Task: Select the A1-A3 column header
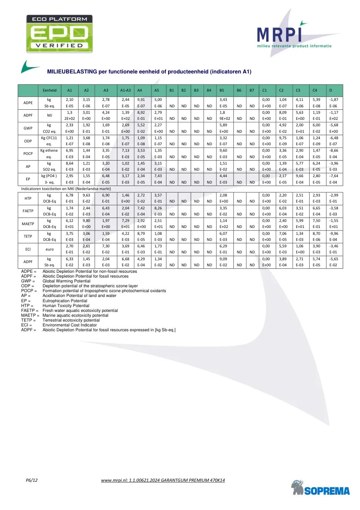[x=125, y=90]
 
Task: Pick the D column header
[x=331, y=90]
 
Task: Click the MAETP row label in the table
[x=28, y=223]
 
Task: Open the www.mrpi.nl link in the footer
[x=162, y=480]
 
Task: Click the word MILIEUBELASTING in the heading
[x=71, y=72]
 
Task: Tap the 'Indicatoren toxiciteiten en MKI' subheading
[x=65, y=188]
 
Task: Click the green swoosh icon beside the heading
[x=31, y=66]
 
